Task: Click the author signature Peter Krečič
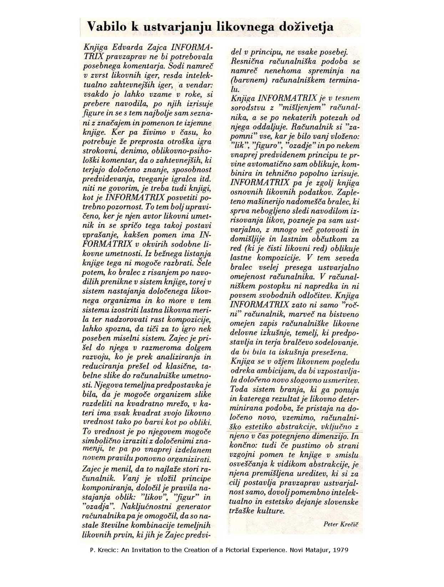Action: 341,524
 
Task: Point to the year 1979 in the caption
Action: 341,550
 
